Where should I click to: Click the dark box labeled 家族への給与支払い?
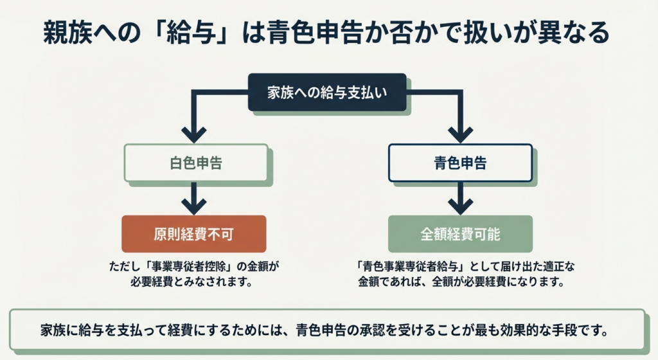(x=327, y=93)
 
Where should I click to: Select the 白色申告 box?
(x=196, y=163)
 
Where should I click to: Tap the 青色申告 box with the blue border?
(x=460, y=163)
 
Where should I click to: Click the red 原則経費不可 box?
(x=194, y=234)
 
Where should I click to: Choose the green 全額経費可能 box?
(x=460, y=234)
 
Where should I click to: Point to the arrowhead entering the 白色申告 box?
(x=194, y=135)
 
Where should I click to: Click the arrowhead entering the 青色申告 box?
(x=461, y=135)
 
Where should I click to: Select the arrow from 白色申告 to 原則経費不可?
(x=194, y=199)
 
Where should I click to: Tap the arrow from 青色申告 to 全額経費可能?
(x=461, y=199)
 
